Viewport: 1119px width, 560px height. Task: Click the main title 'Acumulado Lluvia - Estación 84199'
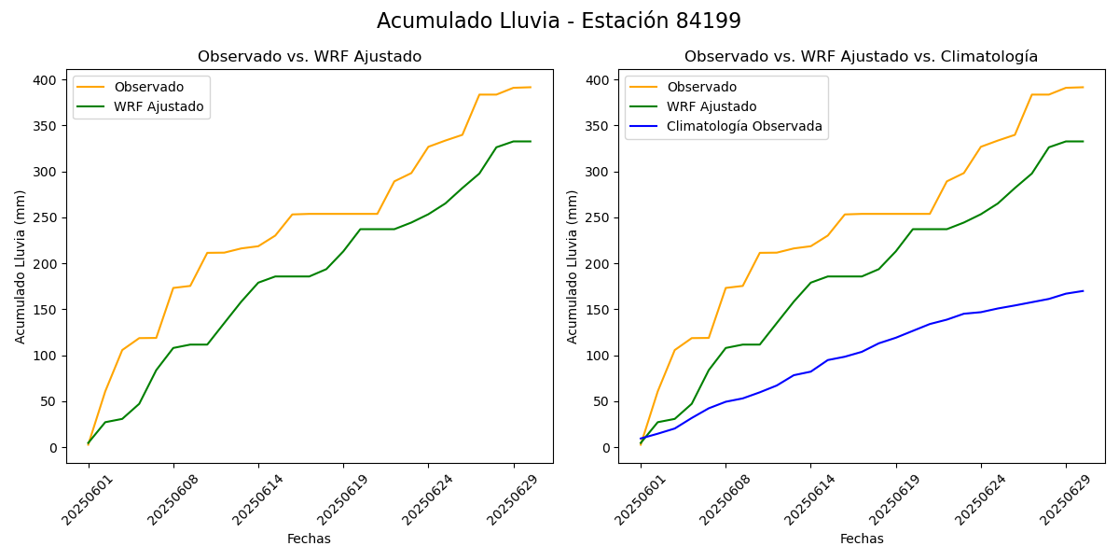(x=559, y=21)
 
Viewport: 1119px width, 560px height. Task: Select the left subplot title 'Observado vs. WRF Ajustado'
(x=310, y=57)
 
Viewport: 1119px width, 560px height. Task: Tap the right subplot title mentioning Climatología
(x=861, y=57)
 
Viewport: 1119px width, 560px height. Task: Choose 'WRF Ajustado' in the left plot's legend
(x=159, y=106)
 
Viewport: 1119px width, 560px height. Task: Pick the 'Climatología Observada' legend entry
(x=744, y=126)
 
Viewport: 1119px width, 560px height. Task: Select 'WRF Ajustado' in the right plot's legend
(x=711, y=106)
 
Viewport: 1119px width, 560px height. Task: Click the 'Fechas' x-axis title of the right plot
(x=862, y=539)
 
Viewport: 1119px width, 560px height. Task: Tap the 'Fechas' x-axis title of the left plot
(x=309, y=539)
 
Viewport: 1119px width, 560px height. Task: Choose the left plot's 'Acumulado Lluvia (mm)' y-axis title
(x=21, y=266)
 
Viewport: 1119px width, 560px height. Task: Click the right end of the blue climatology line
(x=1083, y=291)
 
